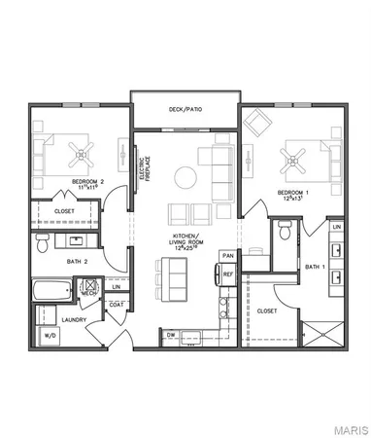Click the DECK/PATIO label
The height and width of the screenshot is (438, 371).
185,109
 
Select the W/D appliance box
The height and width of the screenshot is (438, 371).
48,335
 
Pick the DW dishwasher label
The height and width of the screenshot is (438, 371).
171,335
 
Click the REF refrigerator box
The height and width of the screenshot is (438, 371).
228,275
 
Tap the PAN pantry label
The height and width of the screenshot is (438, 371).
228,256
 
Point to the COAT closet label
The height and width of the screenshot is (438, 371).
117,305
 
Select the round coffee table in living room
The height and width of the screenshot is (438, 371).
184,176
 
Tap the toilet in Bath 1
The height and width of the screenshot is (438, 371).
282,230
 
